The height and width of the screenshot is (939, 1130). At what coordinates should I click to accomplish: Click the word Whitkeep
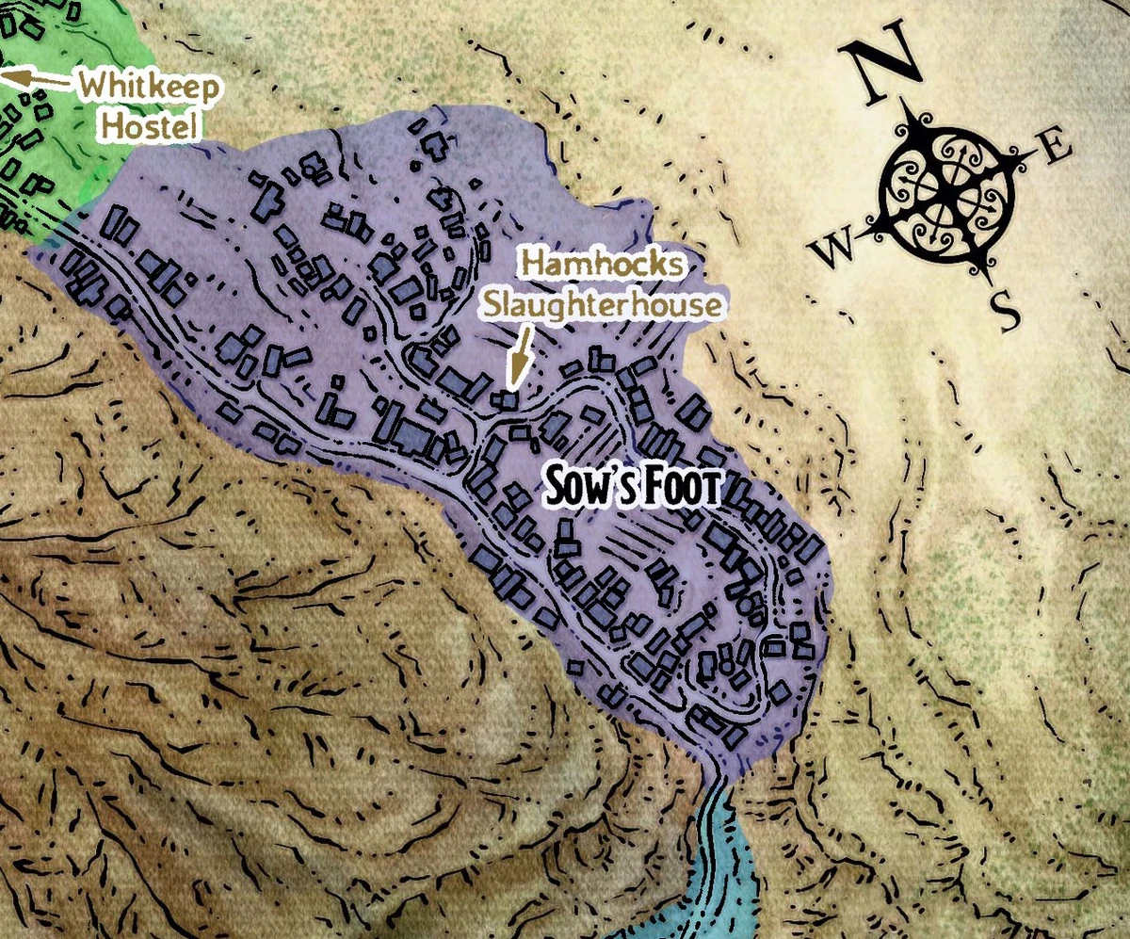click(151, 88)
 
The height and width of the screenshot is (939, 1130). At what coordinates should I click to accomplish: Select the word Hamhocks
click(603, 266)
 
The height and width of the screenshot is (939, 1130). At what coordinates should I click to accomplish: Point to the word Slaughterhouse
click(603, 305)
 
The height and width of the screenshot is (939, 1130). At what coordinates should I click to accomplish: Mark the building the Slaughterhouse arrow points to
click(508, 400)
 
